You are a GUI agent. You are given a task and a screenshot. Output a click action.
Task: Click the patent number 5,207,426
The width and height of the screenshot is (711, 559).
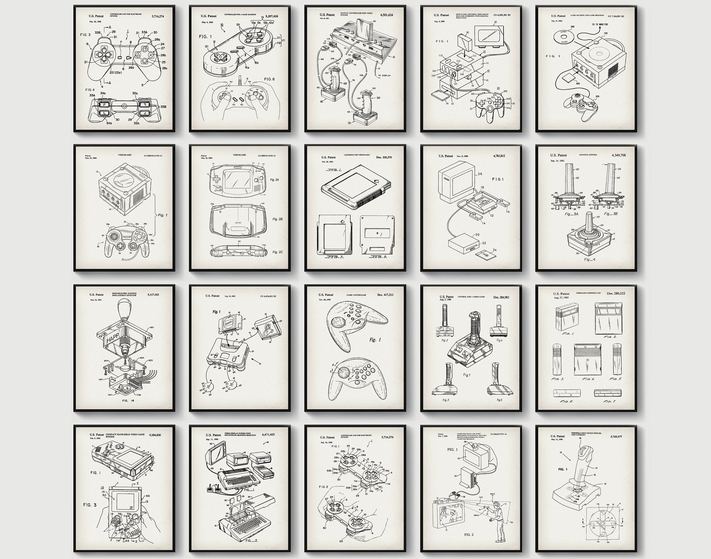(272, 16)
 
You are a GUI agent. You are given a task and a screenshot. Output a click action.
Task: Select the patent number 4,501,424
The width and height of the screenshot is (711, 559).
(387, 15)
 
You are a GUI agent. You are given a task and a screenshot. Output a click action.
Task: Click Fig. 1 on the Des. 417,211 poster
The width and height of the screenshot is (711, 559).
(375, 340)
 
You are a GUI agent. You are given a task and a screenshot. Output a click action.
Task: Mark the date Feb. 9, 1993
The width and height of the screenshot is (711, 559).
(95, 438)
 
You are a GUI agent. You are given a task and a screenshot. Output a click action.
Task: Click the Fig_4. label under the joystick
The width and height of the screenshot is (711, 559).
(590, 259)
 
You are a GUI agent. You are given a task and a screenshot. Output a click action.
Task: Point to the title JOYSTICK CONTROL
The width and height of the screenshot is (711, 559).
(588, 154)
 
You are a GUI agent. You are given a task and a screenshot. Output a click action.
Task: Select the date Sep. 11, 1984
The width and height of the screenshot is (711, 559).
(212, 439)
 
